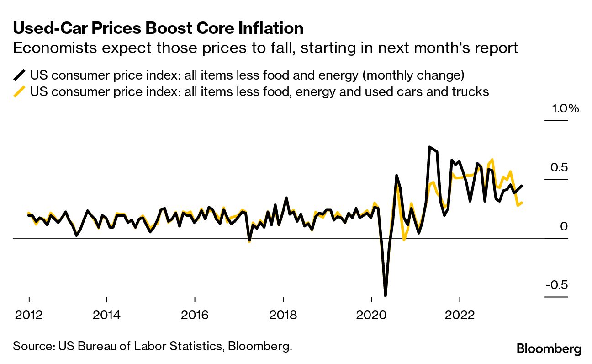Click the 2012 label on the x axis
click(29, 315)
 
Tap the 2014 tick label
click(106, 315)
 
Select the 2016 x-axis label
click(195, 315)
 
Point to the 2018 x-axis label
click(283, 315)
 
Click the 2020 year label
click(372, 315)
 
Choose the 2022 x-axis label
click(460, 315)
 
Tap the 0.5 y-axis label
click(558, 167)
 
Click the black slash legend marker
click(19, 75)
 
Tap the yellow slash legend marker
click(19, 92)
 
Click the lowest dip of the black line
click(386, 295)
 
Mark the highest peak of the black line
click(430, 147)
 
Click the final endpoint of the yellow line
click(522, 203)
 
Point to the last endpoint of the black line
click(522, 186)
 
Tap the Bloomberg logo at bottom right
click(549, 349)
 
